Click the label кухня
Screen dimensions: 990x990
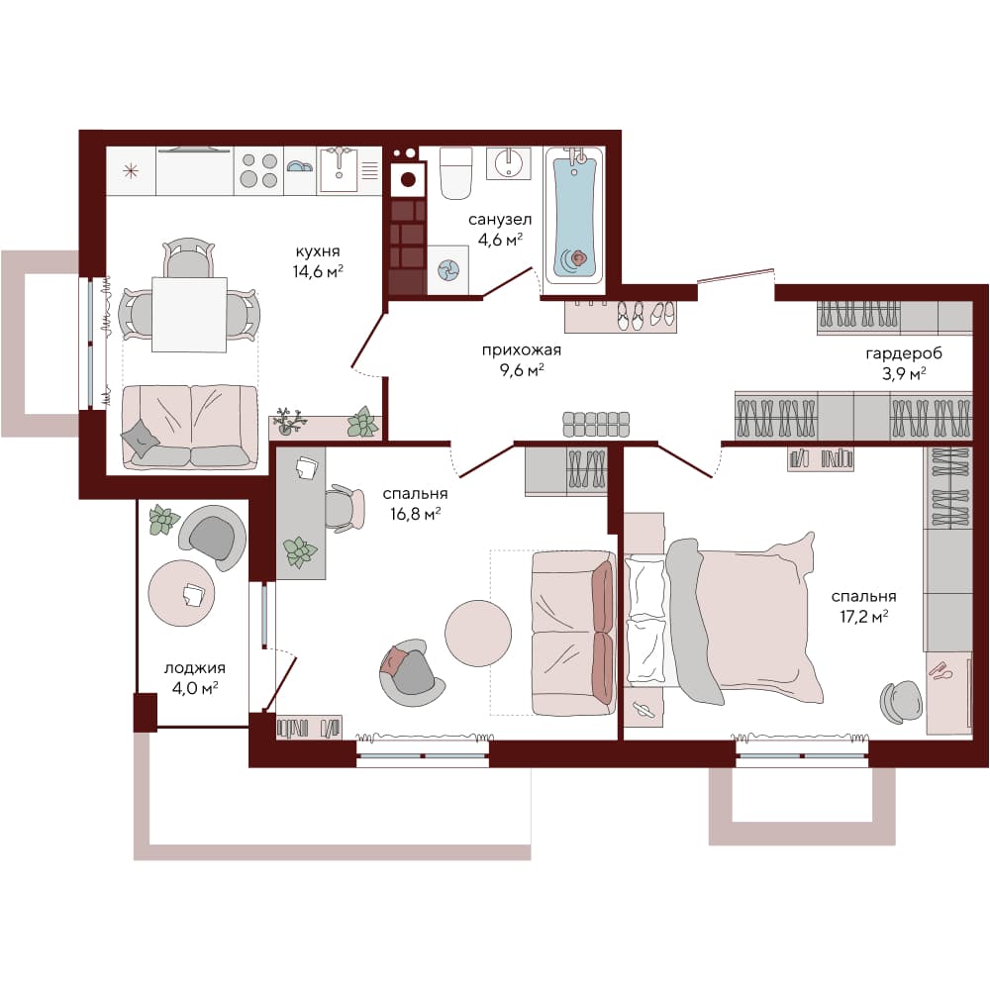click(318, 251)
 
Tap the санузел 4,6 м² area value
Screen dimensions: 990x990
click(500, 240)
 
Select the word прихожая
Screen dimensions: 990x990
click(522, 350)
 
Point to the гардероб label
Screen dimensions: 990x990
click(904, 353)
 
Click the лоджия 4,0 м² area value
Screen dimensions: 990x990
click(194, 688)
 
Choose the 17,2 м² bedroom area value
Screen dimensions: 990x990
click(863, 616)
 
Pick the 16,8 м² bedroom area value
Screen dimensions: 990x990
click(415, 514)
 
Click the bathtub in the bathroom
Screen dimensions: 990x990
click(574, 215)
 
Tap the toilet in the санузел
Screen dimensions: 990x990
click(455, 173)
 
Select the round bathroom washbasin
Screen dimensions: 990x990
click(508, 163)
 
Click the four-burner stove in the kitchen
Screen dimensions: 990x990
click(258, 170)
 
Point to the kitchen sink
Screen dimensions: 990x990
click(339, 169)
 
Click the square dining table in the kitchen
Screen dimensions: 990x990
click(189, 315)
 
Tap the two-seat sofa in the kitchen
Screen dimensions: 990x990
click(190, 428)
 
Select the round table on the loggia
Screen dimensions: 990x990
click(182, 593)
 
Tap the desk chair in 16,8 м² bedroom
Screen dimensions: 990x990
click(345, 508)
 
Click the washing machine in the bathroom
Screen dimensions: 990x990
click(448, 269)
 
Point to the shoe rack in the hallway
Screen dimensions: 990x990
click(620, 317)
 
